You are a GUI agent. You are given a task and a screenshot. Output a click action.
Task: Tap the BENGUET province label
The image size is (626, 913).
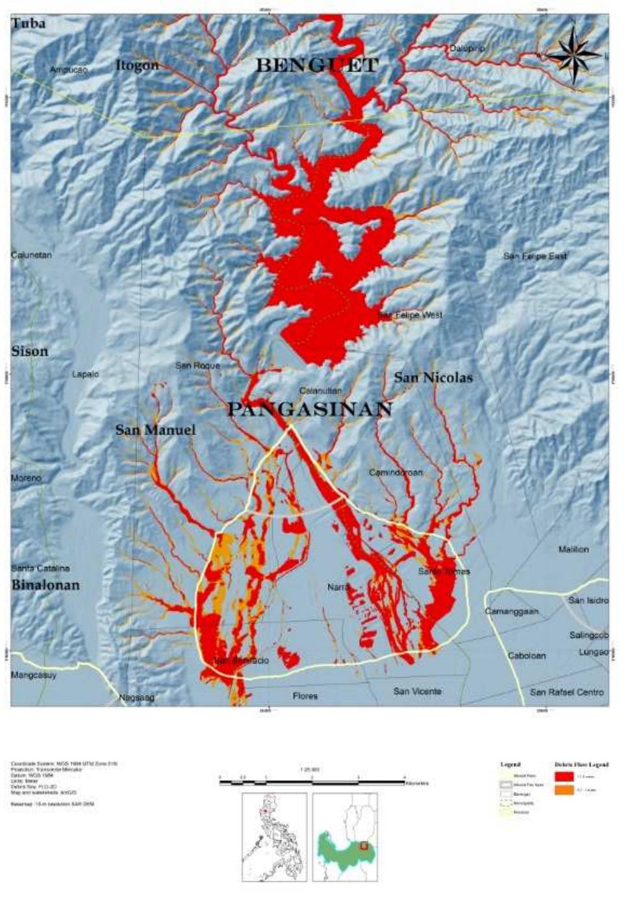[x=316, y=66]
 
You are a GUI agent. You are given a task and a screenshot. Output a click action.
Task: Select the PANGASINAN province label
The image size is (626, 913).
[x=310, y=409]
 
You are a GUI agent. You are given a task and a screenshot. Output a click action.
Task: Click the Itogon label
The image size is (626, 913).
[x=136, y=65]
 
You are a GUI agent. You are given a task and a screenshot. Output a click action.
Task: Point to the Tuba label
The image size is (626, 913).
[x=29, y=24]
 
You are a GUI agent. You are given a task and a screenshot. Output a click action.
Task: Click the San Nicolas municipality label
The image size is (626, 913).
[x=433, y=377]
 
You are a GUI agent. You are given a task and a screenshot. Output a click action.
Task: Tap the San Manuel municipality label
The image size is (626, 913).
[x=155, y=430]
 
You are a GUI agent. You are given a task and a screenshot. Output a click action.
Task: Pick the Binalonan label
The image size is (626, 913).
[x=45, y=584]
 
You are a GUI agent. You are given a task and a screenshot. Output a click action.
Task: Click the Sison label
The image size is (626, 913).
[x=30, y=351]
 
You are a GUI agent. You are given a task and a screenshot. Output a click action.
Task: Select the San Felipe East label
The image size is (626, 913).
[x=534, y=256]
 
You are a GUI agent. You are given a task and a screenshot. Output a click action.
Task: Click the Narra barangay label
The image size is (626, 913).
[x=338, y=587]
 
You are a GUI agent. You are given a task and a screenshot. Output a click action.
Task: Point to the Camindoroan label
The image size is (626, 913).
[x=395, y=472]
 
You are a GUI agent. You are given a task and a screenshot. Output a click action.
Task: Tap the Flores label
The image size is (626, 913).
[x=305, y=696]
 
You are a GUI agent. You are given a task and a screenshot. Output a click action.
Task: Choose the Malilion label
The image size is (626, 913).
[x=573, y=549]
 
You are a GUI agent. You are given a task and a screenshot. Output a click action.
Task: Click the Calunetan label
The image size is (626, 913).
[x=31, y=255]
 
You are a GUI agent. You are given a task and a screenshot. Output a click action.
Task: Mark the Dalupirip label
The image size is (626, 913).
[x=468, y=49]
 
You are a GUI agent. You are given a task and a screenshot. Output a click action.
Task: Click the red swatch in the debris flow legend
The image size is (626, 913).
[x=563, y=776]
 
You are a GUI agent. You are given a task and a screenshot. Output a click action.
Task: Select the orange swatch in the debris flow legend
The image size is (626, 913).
[x=563, y=790]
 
